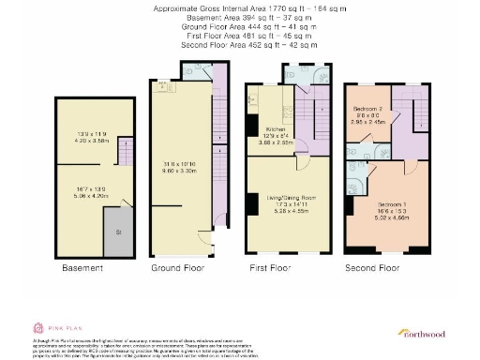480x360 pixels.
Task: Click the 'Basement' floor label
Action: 82,267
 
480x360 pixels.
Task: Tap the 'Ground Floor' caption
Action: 178,267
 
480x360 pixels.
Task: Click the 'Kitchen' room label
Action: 276,128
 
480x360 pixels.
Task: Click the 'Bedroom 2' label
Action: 365,109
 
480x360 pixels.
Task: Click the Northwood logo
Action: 424,332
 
